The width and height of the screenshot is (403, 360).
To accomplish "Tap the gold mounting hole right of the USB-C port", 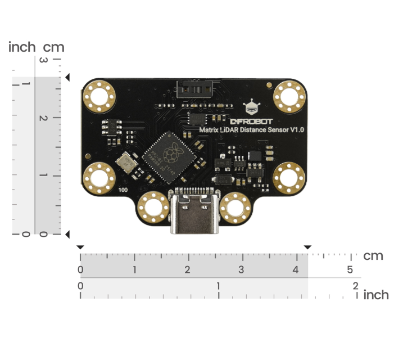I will tap(234, 208).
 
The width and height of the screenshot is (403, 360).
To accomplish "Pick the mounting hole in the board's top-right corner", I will tap(289, 96).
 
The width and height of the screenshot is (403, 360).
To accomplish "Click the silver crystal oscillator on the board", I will tap(125, 164).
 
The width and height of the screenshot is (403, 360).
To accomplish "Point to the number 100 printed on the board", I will tap(124, 190).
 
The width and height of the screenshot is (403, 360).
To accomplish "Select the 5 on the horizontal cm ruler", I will tap(350, 269).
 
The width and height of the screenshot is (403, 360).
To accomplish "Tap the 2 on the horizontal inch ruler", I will tap(356, 286).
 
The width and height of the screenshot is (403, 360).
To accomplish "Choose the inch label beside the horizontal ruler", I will tap(376, 295).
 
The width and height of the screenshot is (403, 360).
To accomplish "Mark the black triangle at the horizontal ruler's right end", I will tap(307, 247).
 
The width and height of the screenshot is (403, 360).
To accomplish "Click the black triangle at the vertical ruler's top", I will tap(67, 77).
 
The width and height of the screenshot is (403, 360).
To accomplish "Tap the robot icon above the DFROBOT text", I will tap(252, 107).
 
